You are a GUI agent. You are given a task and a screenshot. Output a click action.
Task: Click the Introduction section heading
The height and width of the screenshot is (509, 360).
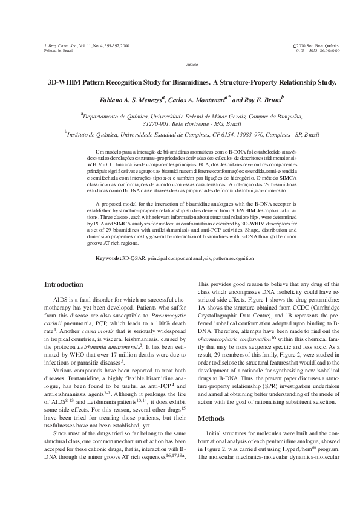(x=64, y=284)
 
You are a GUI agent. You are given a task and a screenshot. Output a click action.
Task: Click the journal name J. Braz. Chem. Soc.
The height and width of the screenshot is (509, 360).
(x=59, y=46)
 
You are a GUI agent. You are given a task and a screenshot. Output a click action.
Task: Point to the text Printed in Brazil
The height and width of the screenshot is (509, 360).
(x=59, y=51)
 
